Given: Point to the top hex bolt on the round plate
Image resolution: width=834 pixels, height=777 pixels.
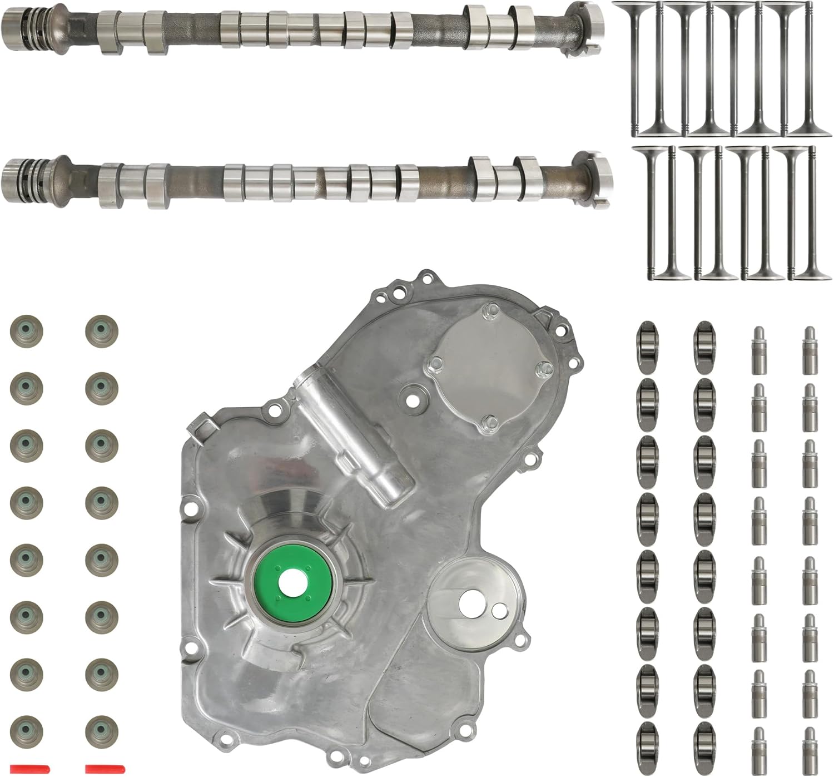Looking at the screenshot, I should pos(489,310).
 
